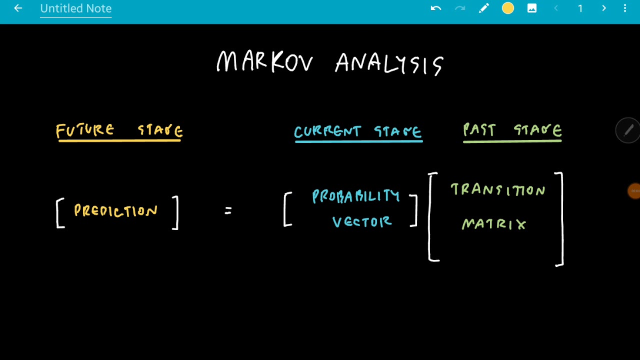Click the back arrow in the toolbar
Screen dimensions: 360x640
18,8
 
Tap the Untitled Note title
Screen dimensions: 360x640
75,8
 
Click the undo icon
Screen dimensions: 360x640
436,8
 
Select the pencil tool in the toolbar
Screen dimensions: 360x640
483,8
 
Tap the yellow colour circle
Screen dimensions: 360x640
508,8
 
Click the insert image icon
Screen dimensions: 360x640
532,8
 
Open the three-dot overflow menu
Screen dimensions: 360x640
625,8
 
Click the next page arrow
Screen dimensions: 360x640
604,8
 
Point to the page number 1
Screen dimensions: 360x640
580,8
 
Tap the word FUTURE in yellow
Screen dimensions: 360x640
85,130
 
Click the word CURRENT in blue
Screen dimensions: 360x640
327,132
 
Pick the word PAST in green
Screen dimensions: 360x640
479,130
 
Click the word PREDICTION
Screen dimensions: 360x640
116,210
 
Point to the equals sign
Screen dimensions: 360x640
228,211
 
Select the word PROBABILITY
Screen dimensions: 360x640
356,196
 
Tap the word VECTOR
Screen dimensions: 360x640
362,222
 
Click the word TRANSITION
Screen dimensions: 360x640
498,190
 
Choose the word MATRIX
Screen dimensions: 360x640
494,224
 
